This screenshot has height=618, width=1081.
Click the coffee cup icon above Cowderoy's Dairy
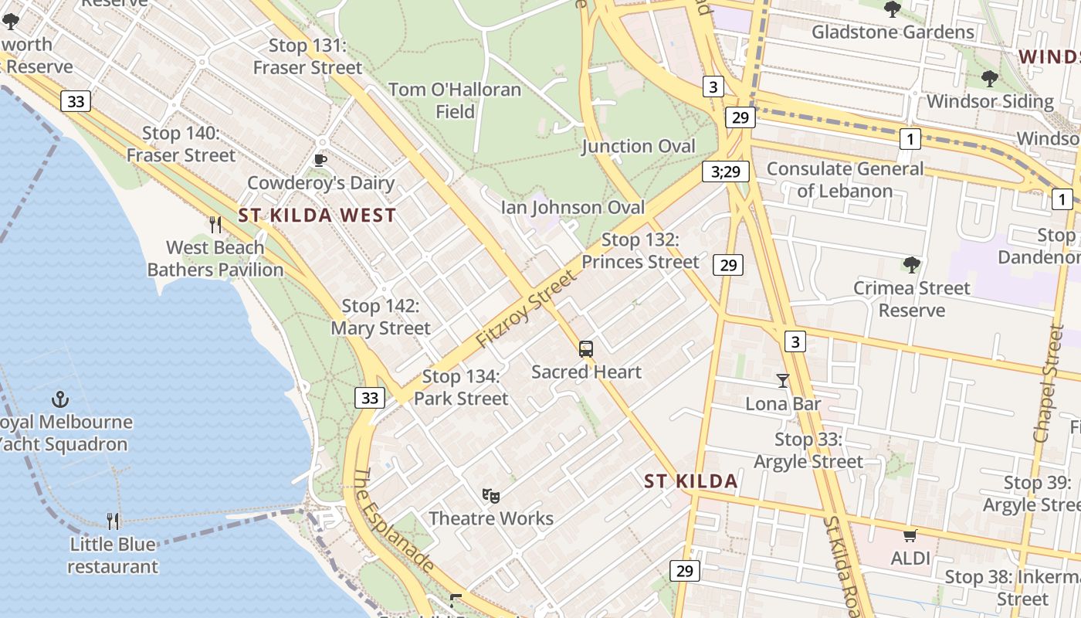tap(320, 160)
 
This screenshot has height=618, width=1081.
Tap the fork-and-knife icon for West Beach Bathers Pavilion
tap(215, 225)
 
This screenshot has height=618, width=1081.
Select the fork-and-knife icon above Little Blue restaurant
tap(113, 521)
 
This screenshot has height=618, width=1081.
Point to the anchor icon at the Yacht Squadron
tap(59, 399)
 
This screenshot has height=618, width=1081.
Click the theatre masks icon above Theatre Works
tap(490, 495)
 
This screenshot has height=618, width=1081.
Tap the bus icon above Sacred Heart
tap(586, 349)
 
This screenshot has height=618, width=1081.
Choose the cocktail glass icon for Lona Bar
tap(783, 381)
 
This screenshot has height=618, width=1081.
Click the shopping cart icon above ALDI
tap(910, 535)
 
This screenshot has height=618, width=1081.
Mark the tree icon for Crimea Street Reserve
tap(911, 265)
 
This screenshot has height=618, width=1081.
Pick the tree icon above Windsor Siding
tap(989, 78)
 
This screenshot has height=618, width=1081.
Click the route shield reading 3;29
tap(726, 171)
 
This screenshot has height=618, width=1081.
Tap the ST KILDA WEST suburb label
tap(317, 216)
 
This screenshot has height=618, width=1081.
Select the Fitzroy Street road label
tap(527, 308)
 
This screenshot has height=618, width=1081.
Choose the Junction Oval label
tap(639, 146)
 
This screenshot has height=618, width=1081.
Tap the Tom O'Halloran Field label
tap(455, 100)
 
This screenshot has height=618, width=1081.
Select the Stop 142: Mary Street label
tap(381, 317)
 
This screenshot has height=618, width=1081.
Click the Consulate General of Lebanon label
tap(845, 179)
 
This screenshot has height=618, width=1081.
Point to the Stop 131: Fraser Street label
tap(307, 56)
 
